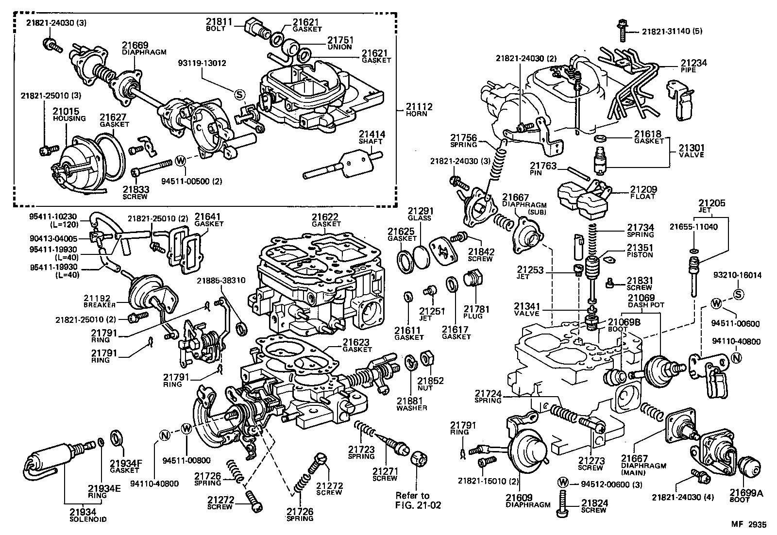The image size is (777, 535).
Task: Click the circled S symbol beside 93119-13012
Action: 240,94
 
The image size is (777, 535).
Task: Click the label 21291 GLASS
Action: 420,214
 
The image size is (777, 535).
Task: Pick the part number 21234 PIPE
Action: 693,66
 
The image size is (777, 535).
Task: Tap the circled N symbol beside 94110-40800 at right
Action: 737,358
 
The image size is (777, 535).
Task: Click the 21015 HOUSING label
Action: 68,115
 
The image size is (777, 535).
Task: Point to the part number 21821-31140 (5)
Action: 672,32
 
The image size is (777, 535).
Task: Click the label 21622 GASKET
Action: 325,220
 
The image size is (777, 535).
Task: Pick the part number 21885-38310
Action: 221,281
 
